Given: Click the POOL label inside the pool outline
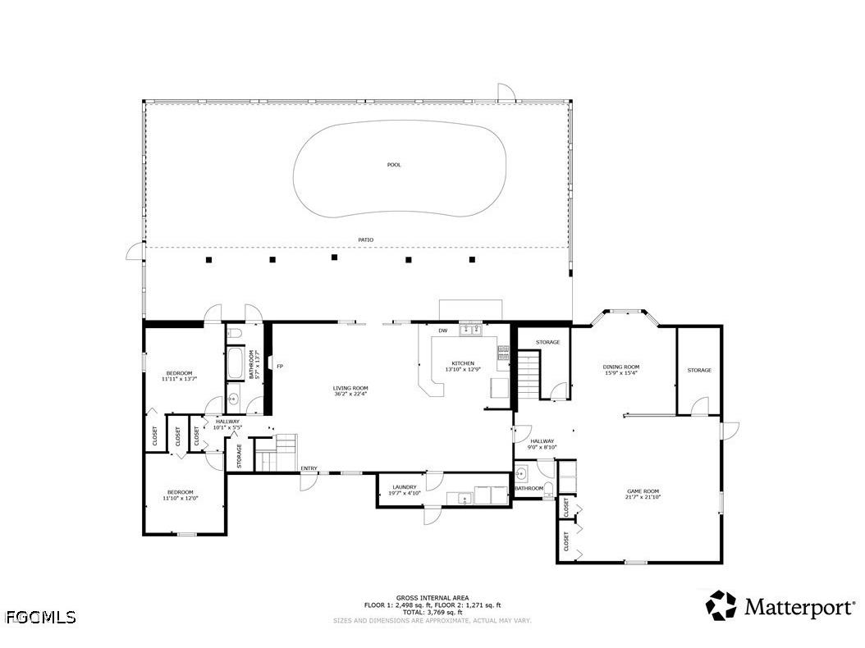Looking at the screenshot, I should [394, 165].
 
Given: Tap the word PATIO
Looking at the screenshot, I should [365, 240].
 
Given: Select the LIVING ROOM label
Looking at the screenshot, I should [350, 389].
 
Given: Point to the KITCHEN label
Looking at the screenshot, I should [463, 363].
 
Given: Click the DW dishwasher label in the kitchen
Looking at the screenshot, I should [442, 331].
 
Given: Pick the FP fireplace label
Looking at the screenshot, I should [280, 366].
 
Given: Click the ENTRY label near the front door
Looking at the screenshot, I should [309, 468].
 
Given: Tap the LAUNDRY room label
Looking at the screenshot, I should [404, 475].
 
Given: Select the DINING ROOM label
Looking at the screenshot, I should [621, 367].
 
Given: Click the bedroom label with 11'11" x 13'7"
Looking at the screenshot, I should [179, 373].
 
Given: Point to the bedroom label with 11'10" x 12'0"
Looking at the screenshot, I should [180, 492].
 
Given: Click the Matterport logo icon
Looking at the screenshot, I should [721, 605].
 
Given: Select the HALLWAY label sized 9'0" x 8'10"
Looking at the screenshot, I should [542, 441].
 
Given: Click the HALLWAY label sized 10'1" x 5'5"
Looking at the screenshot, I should [227, 422].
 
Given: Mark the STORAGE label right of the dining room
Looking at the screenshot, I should [699, 370].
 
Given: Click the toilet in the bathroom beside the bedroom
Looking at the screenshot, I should [234, 333].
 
